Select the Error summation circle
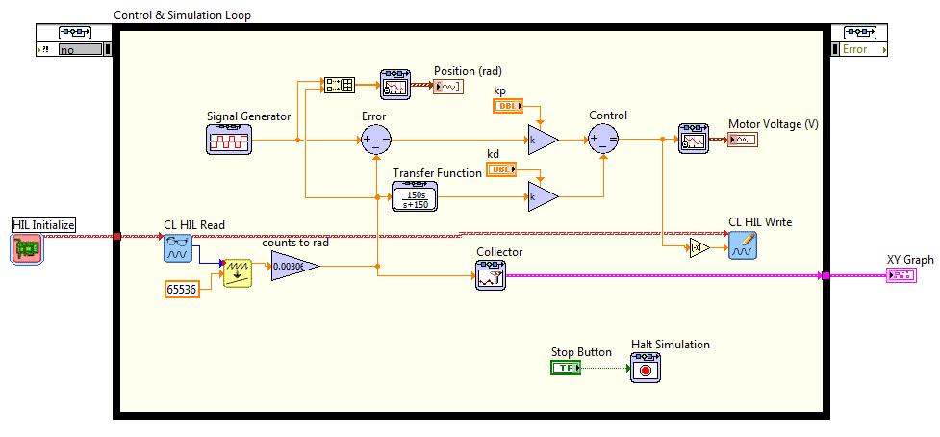374,140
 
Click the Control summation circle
604,140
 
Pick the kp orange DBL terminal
507,106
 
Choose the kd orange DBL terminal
500,170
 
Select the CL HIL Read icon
178,248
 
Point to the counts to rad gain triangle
292,267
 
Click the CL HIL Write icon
742,246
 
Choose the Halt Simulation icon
646,368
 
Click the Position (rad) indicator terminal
448,87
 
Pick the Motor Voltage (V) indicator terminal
742,140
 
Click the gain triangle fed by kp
541,140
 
